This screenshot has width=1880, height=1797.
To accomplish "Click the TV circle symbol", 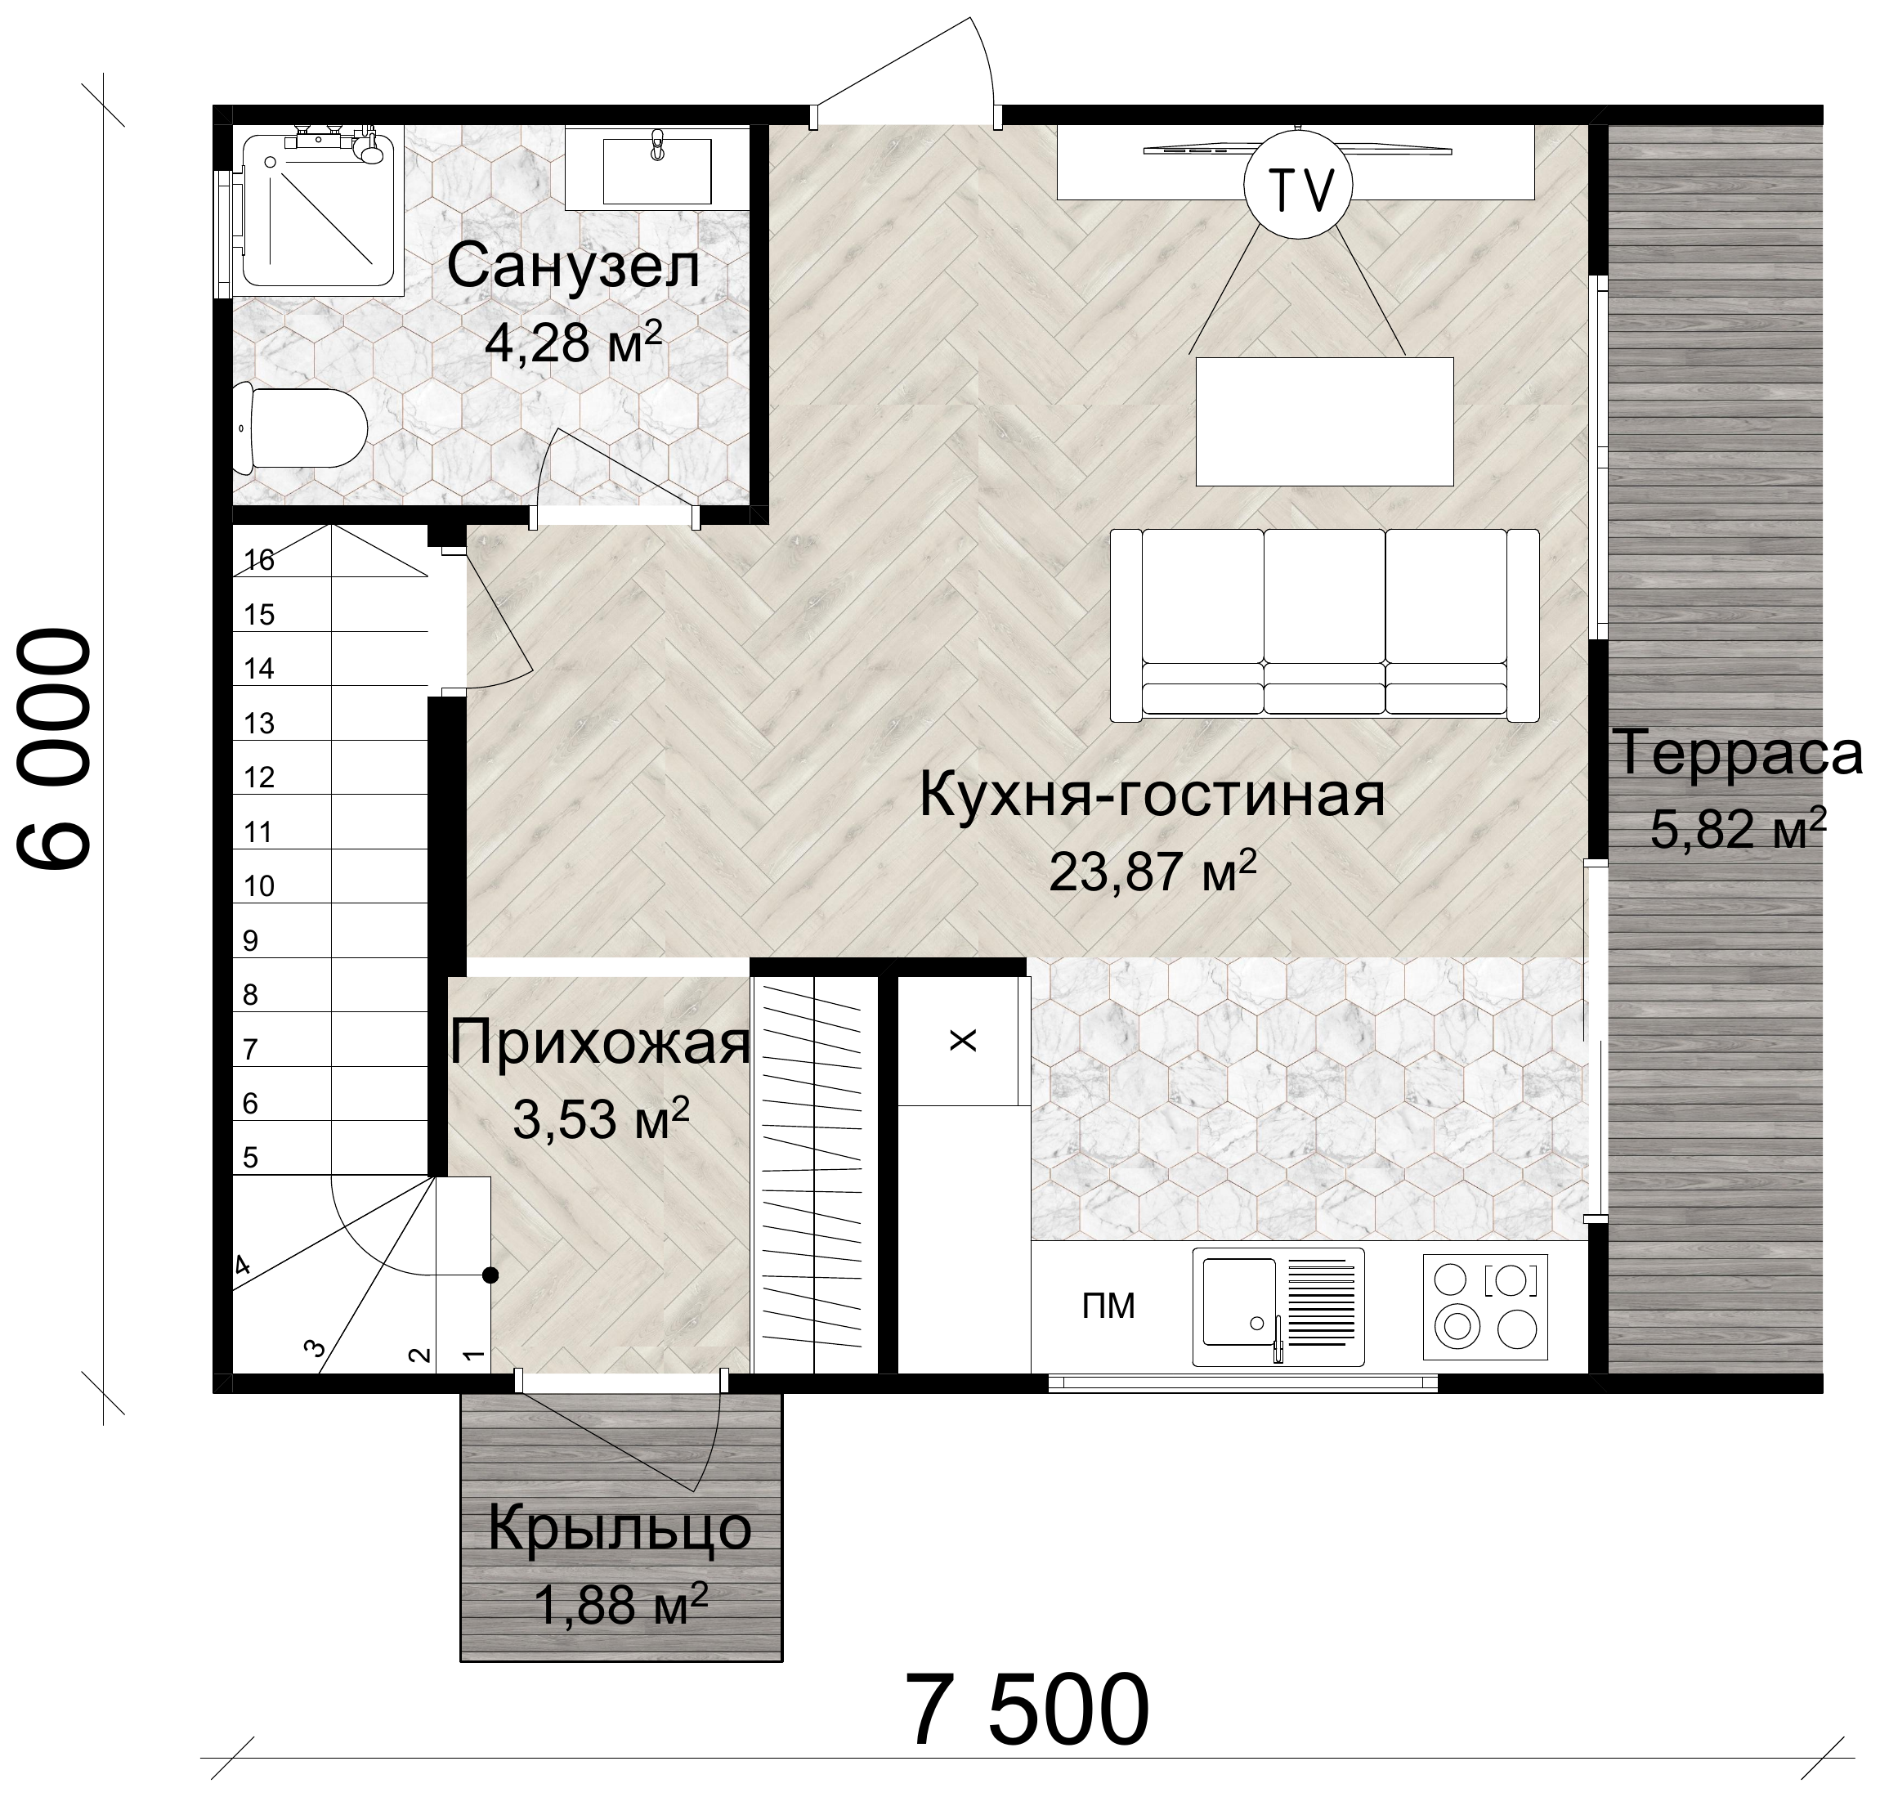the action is click(1299, 188).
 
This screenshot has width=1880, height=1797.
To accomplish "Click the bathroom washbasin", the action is click(656, 168).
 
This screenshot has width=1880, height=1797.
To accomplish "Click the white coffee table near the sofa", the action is click(1324, 422).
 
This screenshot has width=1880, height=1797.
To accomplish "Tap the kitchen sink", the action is click(1278, 1306).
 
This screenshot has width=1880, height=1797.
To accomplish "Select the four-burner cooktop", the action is click(1485, 1306).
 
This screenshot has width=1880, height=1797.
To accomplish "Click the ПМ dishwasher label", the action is click(1108, 1306).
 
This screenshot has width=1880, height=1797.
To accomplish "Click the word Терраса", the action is click(1739, 753).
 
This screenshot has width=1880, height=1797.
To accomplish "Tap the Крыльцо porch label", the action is click(620, 1529).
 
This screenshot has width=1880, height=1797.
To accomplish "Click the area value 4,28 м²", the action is click(574, 341).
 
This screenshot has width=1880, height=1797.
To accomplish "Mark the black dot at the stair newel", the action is click(490, 1275).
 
